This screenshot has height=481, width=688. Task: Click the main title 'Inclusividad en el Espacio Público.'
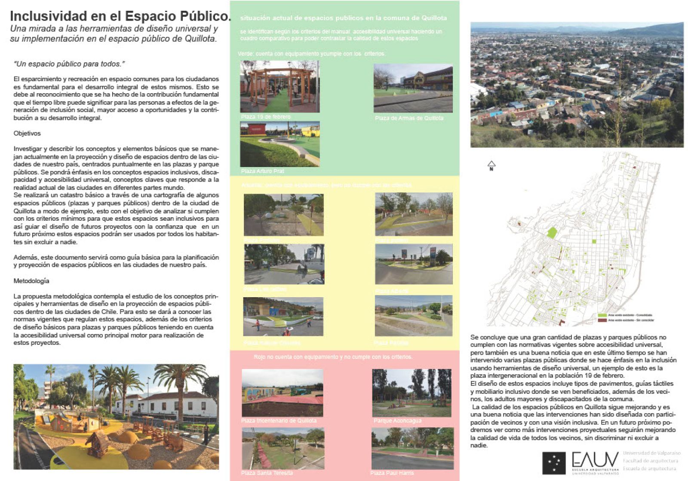[x=120, y=16]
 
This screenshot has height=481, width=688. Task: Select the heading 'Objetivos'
[x=27, y=133]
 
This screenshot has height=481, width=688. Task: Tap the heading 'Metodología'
[x=31, y=281]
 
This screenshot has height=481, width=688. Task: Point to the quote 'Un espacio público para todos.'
[x=69, y=64]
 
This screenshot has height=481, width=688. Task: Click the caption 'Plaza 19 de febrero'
[x=266, y=117]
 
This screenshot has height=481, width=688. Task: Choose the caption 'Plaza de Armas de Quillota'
[x=409, y=118]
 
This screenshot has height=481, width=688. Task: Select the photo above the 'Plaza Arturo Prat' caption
[x=280, y=144]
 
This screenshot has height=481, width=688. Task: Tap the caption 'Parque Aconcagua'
[x=397, y=421]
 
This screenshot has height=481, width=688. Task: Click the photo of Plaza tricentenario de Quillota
[x=282, y=393]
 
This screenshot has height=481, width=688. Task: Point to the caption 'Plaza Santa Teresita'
[x=267, y=473]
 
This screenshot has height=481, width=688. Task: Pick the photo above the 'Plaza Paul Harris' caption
[x=412, y=448]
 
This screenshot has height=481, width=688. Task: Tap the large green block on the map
[x=552, y=233]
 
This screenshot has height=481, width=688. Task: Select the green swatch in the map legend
[x=602, y=315]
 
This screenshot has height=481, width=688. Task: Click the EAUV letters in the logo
[x=595, y=460]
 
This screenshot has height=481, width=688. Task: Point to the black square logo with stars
[x=554, y=463]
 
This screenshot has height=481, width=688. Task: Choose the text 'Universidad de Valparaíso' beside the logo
[x=652, y=453]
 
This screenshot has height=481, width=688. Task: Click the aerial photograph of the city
[x=577, y=85]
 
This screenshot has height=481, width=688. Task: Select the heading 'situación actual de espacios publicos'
[x=343, y=18]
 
